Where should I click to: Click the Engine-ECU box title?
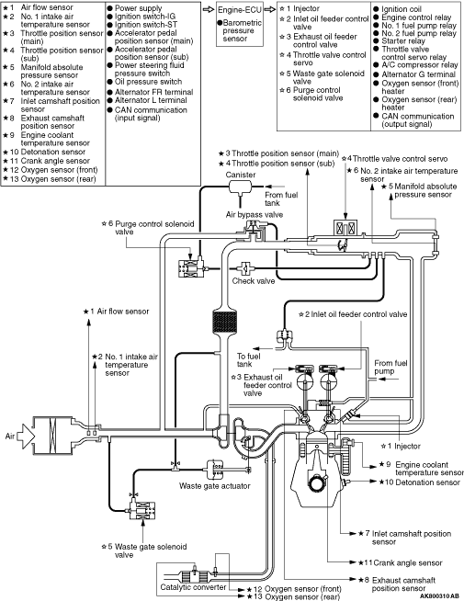239,9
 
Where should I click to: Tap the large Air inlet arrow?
27,437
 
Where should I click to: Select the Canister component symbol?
240,187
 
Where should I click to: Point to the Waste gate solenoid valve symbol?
142,510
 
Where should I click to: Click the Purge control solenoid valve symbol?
191,267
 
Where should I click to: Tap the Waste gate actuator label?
215,485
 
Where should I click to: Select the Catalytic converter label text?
193,587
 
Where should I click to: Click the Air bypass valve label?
254,214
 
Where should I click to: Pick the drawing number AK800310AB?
439,596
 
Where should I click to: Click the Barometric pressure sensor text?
241,30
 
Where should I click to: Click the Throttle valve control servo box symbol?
345,229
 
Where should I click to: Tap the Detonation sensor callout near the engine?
420,482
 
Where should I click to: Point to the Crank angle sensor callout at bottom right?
401,562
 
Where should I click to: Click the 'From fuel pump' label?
390,367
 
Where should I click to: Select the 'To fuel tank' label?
249,360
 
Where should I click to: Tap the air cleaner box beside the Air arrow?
52,436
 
